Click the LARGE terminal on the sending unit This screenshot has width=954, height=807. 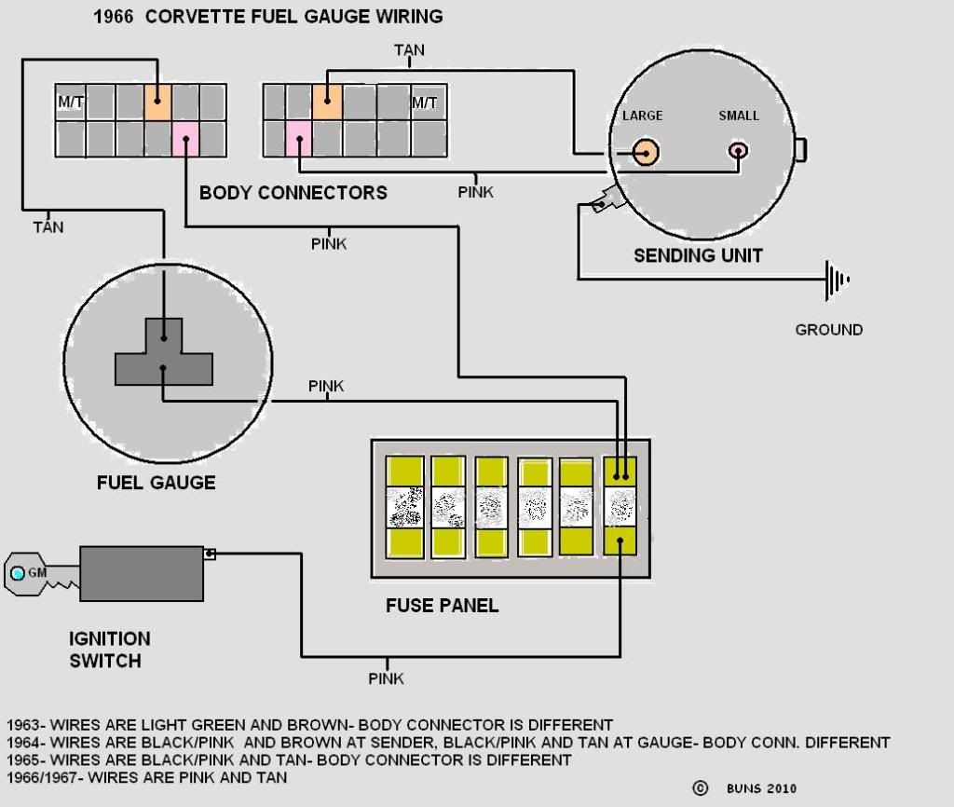pyautogui.click(x=645, y=152)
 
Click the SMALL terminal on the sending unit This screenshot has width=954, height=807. pyautogui.click(x=739, y=151)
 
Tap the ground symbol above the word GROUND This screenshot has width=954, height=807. pyautogui.click(x=836, y=279)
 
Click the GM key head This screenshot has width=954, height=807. pyautogui.click(x=26, y=572)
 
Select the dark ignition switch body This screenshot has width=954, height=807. pyautogui.click(x=141, y=574)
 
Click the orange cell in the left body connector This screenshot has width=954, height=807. pyautogui.click(x=158, y=101)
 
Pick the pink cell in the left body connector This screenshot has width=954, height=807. pyautogui.click(x=186, y=139)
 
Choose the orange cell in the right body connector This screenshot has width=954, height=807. pyautogui.click(x=327, y=101)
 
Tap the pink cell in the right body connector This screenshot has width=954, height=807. pyautogui.click(x=298, y=139)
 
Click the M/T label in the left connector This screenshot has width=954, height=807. pyautogui.click(x=71, y=102)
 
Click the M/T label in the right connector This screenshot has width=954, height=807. pyautogui.click(x=425, y=102)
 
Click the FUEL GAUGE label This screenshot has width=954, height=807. pyautogui.click(x=156, y=483)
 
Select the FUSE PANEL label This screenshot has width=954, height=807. pyautogui.click(x=442, y=606)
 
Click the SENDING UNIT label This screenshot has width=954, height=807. pyautogui.click(x=698, y=255)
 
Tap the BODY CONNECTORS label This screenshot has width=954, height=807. pyautogui.click(x=293, y=194)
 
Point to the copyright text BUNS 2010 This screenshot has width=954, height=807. pyautogui.click(x=761, y=788)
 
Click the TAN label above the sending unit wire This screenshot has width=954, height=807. pyautogui.click(x=409, y=50)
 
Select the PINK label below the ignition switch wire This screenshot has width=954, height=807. pyautogui.click(x=386, y=678)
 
